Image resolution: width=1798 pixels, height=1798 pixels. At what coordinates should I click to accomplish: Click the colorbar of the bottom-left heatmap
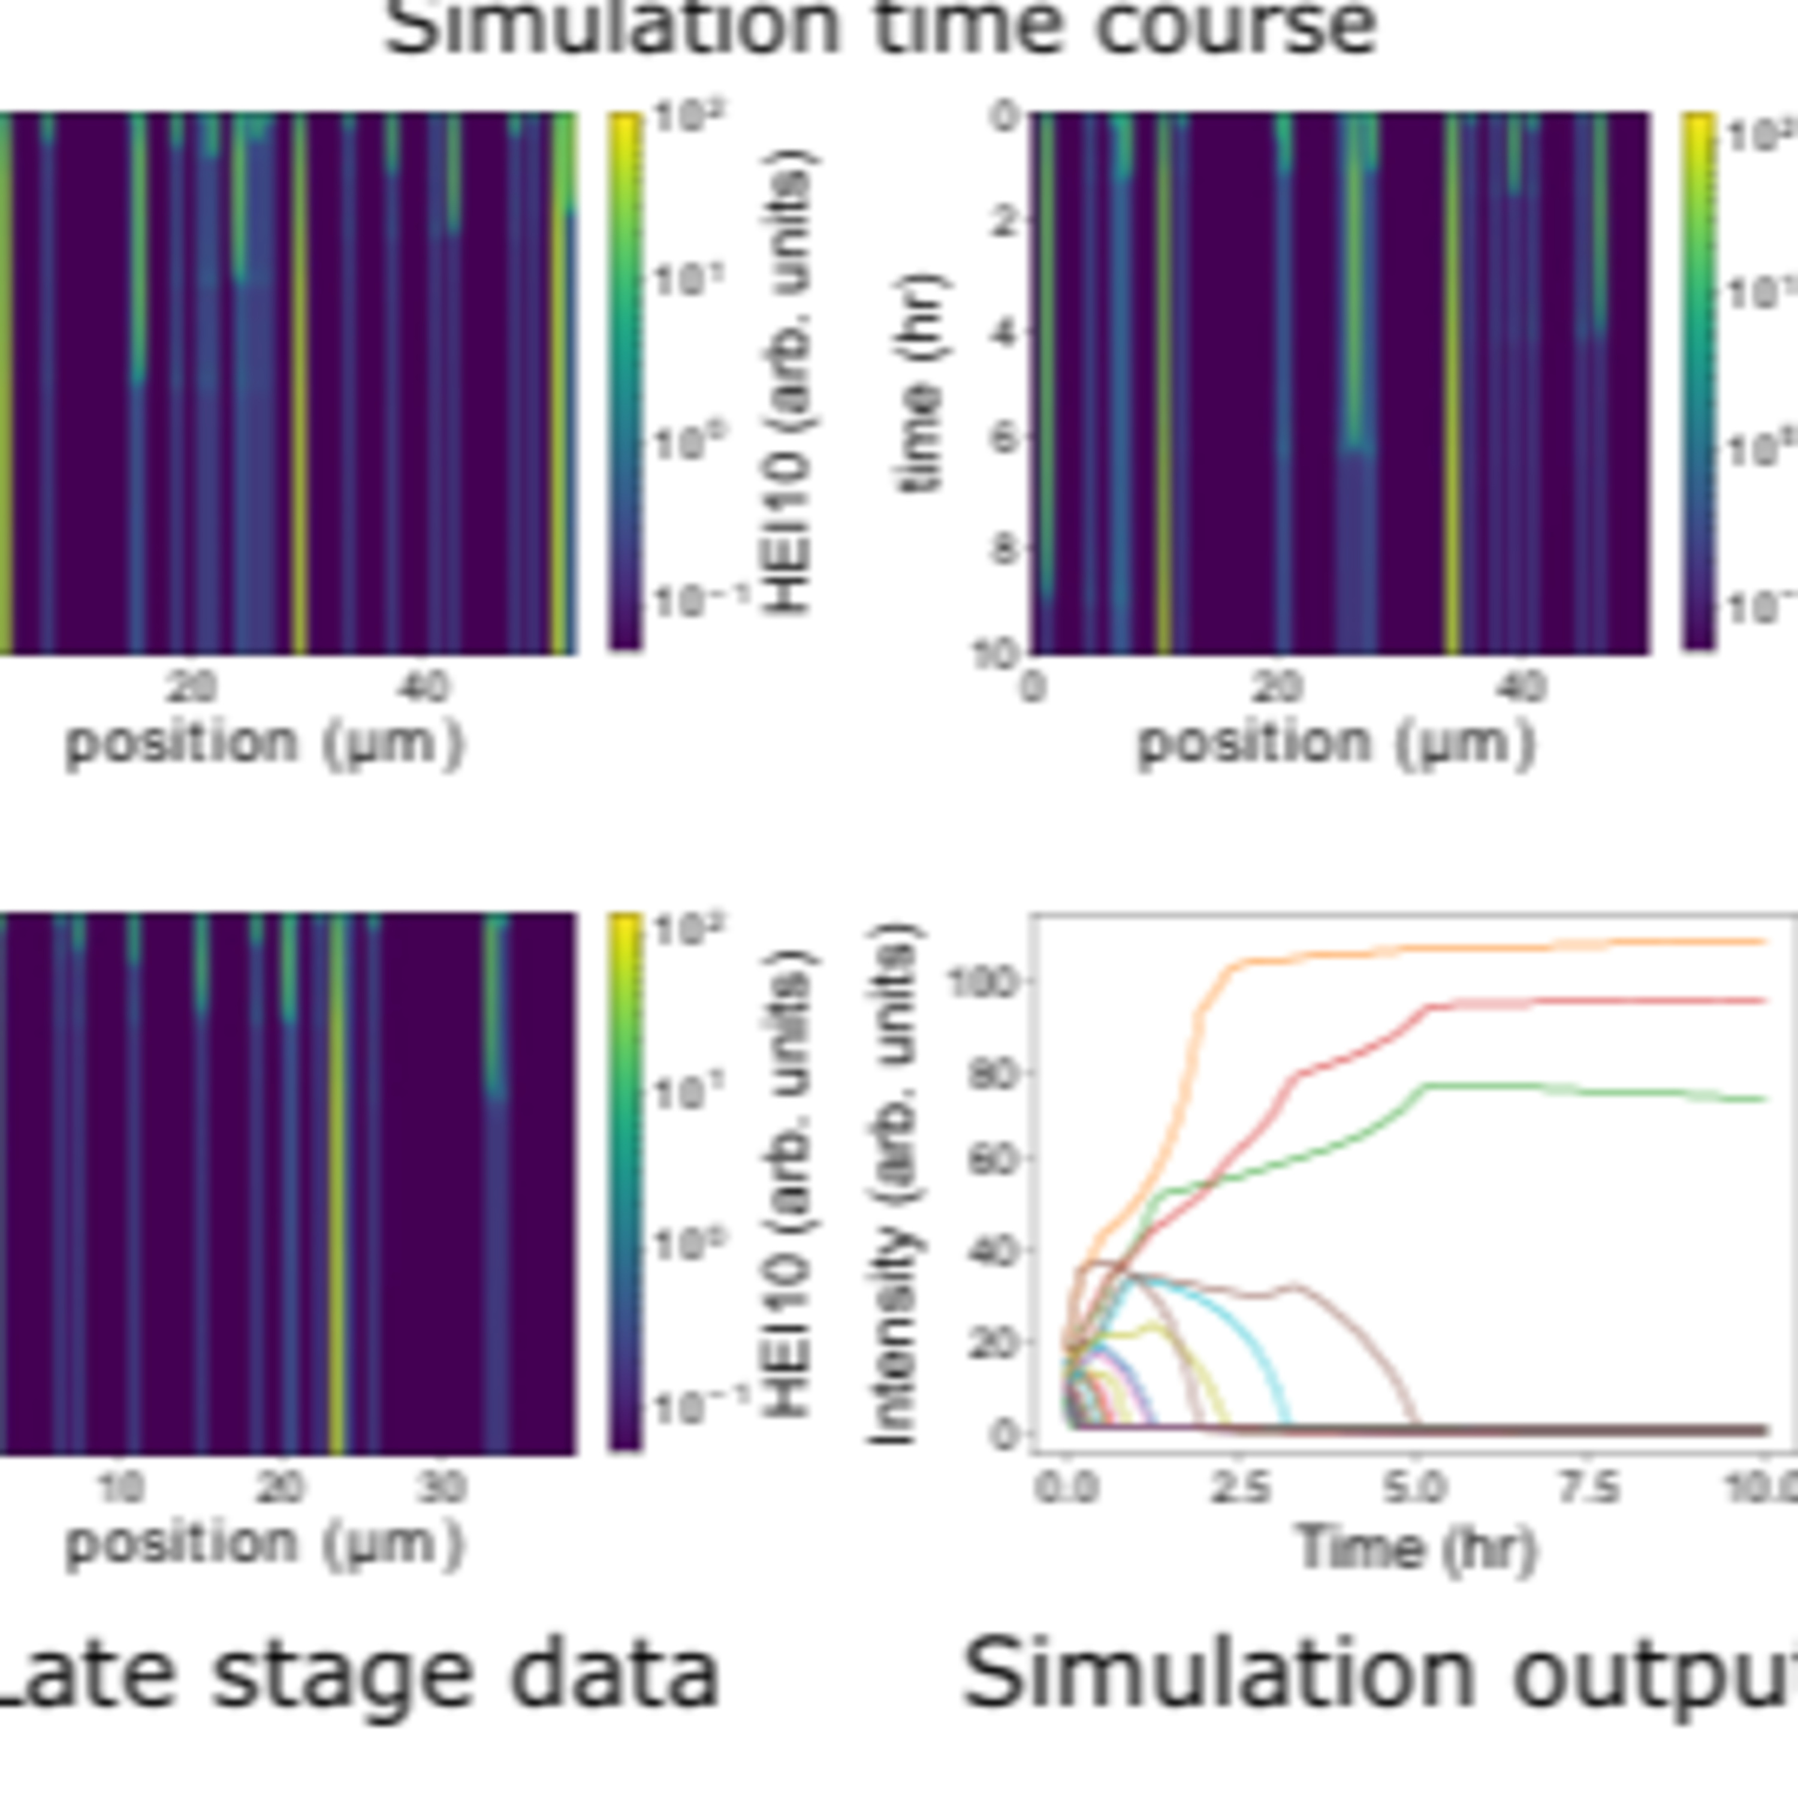tap(625, 1182)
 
